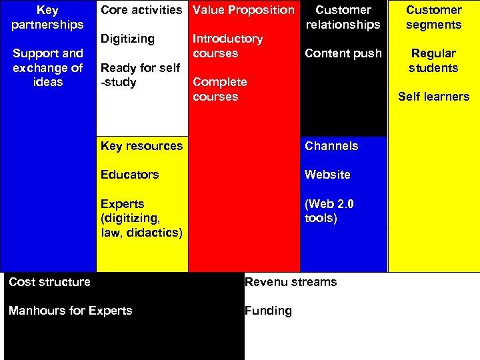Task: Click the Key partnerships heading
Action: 47,17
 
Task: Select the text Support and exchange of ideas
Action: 47,67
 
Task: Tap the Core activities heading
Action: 141,10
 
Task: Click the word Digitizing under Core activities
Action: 127,39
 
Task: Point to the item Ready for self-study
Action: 140,75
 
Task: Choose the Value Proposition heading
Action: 243,10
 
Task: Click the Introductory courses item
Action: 227,46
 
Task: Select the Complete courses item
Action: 219,89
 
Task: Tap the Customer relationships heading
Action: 343,17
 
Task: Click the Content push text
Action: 343,53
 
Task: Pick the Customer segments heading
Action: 433,17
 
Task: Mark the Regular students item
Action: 433,61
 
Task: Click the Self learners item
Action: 433,97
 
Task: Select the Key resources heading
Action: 141,146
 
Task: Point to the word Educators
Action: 129,175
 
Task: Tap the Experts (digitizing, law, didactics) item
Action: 141,218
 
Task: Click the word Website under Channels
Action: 327,175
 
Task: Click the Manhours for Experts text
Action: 70,311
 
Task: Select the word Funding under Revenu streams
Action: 268,311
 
